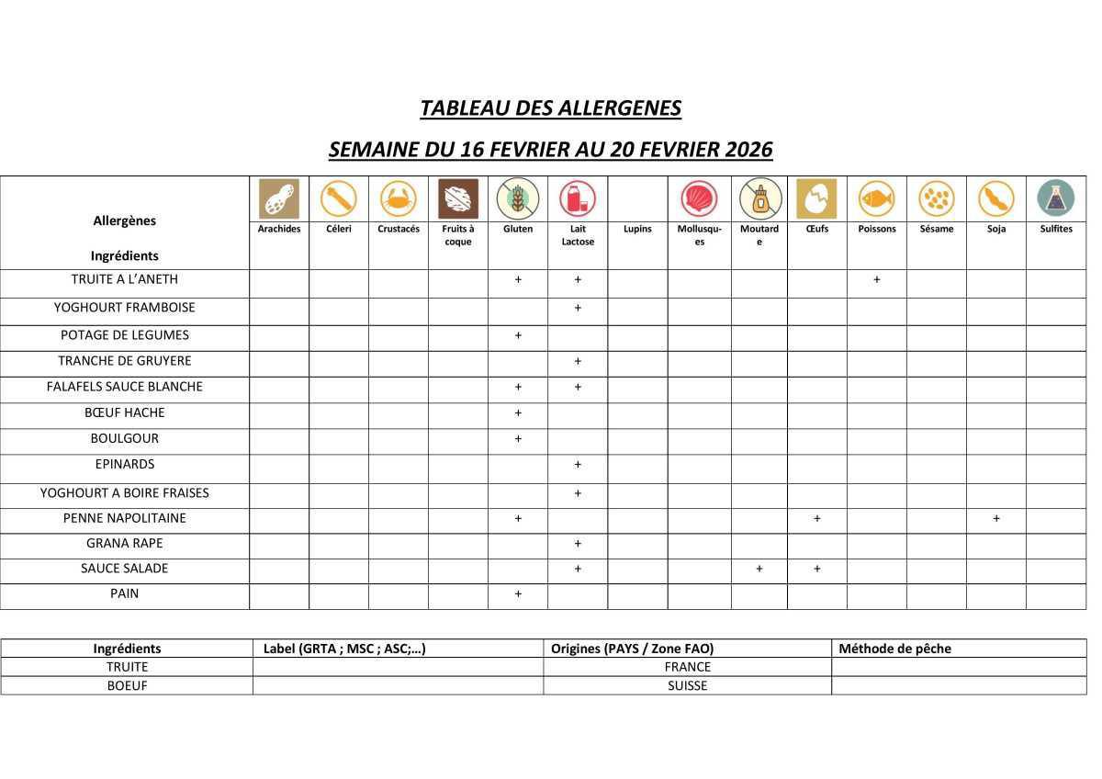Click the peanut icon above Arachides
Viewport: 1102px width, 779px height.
tap(279, 198)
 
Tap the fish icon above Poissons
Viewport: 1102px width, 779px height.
tap(876, 198)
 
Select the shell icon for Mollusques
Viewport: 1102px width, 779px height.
tap(699, 198)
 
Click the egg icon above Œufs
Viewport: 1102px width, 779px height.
tap(816, 198)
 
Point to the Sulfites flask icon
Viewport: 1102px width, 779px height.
tap(1055, 198)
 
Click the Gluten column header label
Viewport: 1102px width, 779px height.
tap(518, 229)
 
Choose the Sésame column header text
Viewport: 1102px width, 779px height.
tap(936, 229)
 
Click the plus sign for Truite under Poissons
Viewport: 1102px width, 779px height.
tap(876, 279)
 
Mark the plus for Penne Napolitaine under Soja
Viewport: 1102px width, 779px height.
tap(995, 518)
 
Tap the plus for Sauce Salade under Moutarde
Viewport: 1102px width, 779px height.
tap(759, 569)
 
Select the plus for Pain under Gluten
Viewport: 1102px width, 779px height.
tap(518, 593)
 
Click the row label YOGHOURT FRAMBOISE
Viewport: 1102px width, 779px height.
tap(124, 308)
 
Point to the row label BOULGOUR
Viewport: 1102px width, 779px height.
tap(124, 438)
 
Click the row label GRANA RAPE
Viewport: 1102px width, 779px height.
tap(124, 543)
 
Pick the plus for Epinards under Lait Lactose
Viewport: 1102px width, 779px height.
tap(578, 464)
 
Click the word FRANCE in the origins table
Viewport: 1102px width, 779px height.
tap(688, 667)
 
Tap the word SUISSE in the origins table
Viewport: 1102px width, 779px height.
tap(688, 685)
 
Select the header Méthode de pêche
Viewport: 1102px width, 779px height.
tap(894, 649)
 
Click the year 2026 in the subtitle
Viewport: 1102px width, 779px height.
tap(748, 149)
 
